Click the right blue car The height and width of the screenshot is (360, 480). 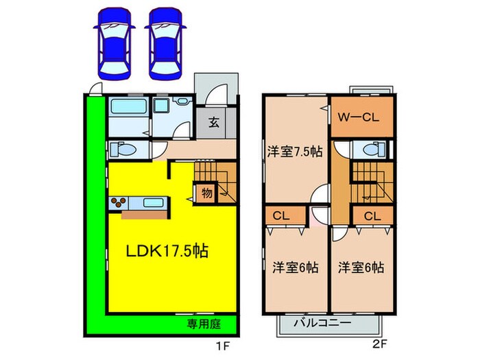point(164,43)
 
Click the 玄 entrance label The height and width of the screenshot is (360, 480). point(213,124)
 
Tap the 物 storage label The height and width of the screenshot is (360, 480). point(206,193)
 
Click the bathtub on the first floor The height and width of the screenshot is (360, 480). point(128,109)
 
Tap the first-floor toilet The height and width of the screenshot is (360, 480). point(119,149)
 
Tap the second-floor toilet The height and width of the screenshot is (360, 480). point(372,149)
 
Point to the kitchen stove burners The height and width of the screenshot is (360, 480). point(118,202)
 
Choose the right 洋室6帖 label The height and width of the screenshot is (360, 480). point(361,267)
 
